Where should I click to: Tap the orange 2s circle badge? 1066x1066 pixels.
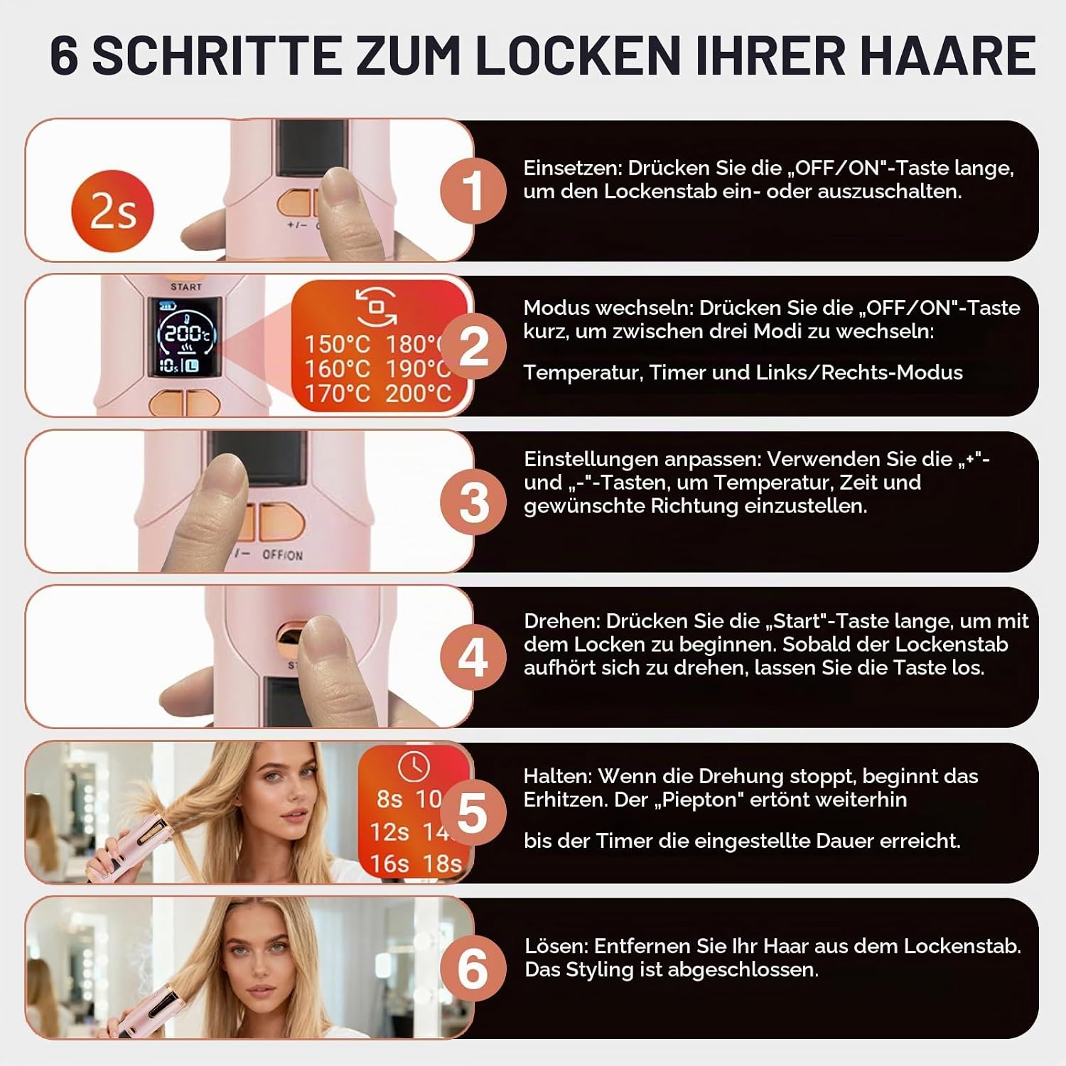tap(112, 211)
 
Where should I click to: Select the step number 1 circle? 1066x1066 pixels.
tap(473, 190)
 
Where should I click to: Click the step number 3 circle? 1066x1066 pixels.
tap(473, 502)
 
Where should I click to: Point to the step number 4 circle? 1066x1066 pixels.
tap(473, 657)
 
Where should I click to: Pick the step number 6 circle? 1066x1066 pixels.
tap(473, 968)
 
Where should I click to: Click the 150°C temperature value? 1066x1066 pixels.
tap(338, 345)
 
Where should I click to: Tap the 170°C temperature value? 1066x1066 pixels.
tap(338, 393)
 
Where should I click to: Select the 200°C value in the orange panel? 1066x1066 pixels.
tap(419, 393)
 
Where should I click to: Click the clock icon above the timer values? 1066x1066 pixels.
tap(414, 766)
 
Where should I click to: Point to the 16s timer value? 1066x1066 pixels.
tap(389, 863)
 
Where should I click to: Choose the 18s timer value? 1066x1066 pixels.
tap(442, 863)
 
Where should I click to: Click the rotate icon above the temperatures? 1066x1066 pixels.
tap(377, 307)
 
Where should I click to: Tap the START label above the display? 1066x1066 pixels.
tap(186, 286)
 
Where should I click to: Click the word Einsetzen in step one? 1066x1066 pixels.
tap(572, 168)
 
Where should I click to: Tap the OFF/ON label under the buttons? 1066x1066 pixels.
tap(282, 554)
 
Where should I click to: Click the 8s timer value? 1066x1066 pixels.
tap(389, 799)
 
